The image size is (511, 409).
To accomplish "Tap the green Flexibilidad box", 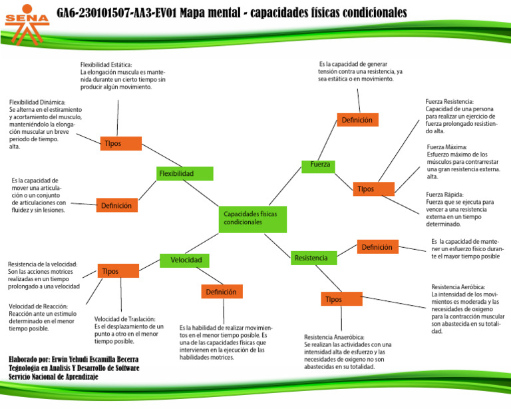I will coord(185,174).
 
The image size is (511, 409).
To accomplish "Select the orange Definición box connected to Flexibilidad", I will coord(117,206).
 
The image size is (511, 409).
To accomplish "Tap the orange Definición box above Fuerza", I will coord(357,120).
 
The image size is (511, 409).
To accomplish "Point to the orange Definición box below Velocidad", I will coord(222,292).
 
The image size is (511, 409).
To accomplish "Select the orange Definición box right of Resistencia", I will coord(378,247).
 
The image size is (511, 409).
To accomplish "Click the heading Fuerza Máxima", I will coord(447,147).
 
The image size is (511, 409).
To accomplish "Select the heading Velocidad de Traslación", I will coord(124,319).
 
